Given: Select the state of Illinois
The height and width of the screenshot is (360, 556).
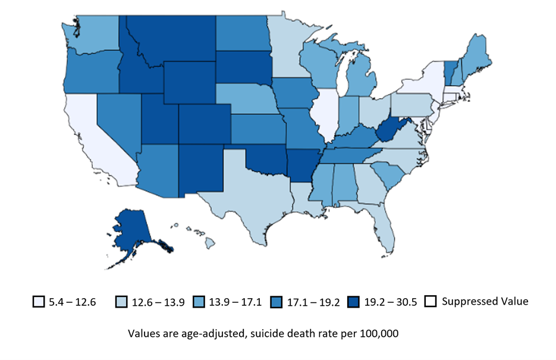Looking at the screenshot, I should [327, 113].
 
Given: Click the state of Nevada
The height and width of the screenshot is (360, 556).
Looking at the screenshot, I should [116, 119].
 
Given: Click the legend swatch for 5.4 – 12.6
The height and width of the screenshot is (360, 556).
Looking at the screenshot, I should [39, 302].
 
